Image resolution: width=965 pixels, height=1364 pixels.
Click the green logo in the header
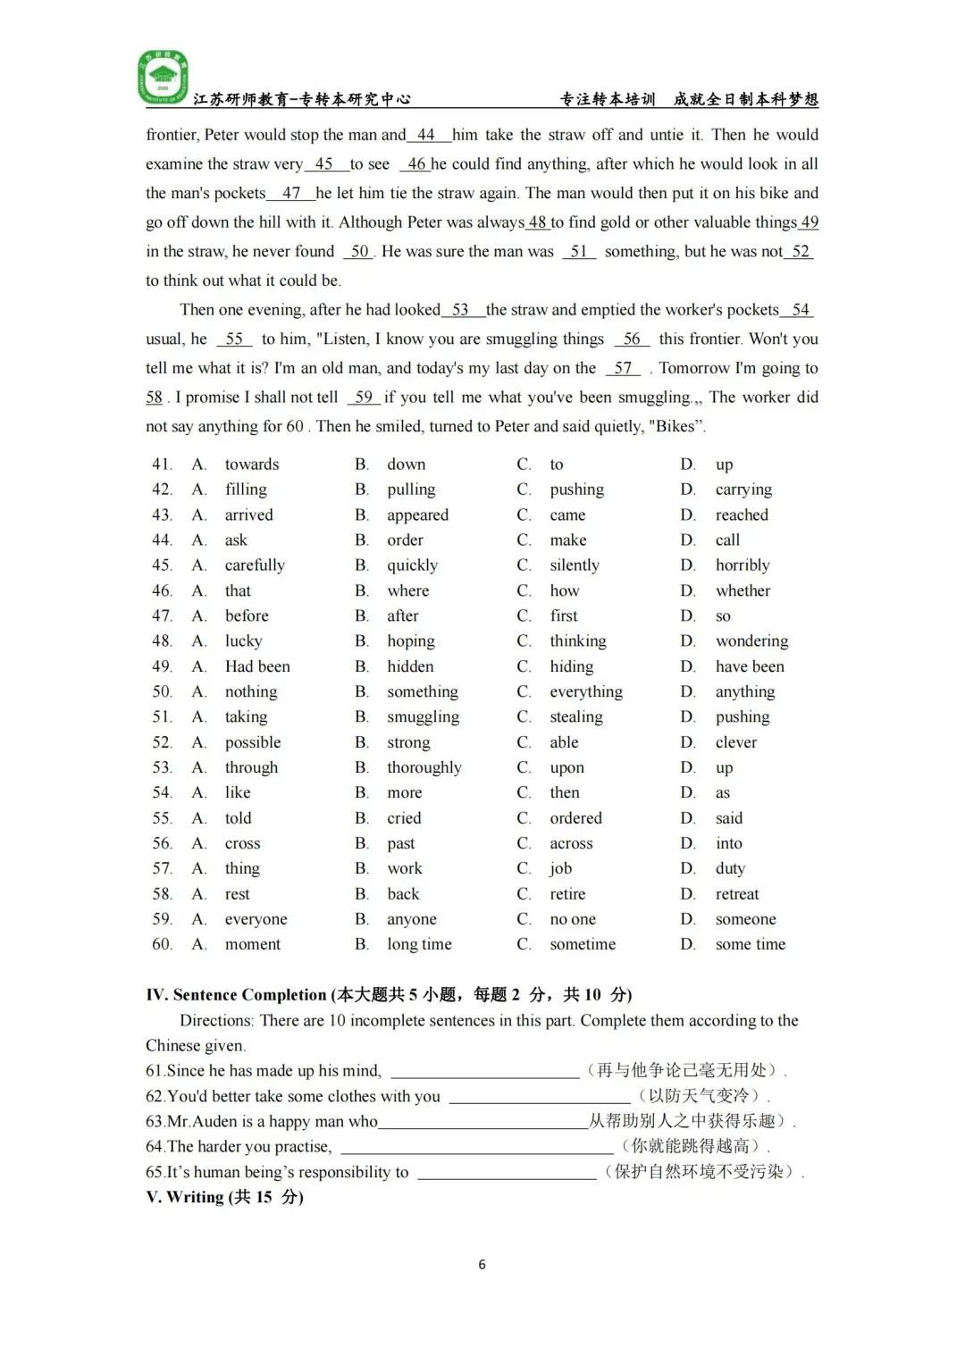click(162, 77)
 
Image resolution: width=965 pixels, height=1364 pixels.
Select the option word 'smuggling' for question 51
click(423, 716)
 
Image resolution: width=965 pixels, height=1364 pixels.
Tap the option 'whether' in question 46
click(743, 590)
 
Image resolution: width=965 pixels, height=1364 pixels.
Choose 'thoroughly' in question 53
click(424, 767)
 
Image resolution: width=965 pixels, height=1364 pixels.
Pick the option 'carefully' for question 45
click(255, 565)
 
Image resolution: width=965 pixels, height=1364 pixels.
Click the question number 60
click(162, 944)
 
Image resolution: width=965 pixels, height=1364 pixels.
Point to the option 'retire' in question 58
click(567, 894)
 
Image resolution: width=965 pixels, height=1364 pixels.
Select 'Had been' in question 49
click(257, 666)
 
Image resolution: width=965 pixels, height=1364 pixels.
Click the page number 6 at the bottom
click(482, 1264)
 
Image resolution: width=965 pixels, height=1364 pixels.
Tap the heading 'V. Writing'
click(224, 1197)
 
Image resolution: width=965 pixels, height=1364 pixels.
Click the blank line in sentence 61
click(484, 1072)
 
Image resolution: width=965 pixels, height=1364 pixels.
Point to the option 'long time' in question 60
click(419, 944)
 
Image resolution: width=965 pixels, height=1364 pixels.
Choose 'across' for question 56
click(571, 843)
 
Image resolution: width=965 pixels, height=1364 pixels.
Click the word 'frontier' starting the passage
click(171, 135)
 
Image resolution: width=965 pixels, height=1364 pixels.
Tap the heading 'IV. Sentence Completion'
click(236, 995)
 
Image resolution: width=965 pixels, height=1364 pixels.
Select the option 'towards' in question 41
click(252, 464)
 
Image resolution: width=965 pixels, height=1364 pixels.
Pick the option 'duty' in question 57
click(730, 868)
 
